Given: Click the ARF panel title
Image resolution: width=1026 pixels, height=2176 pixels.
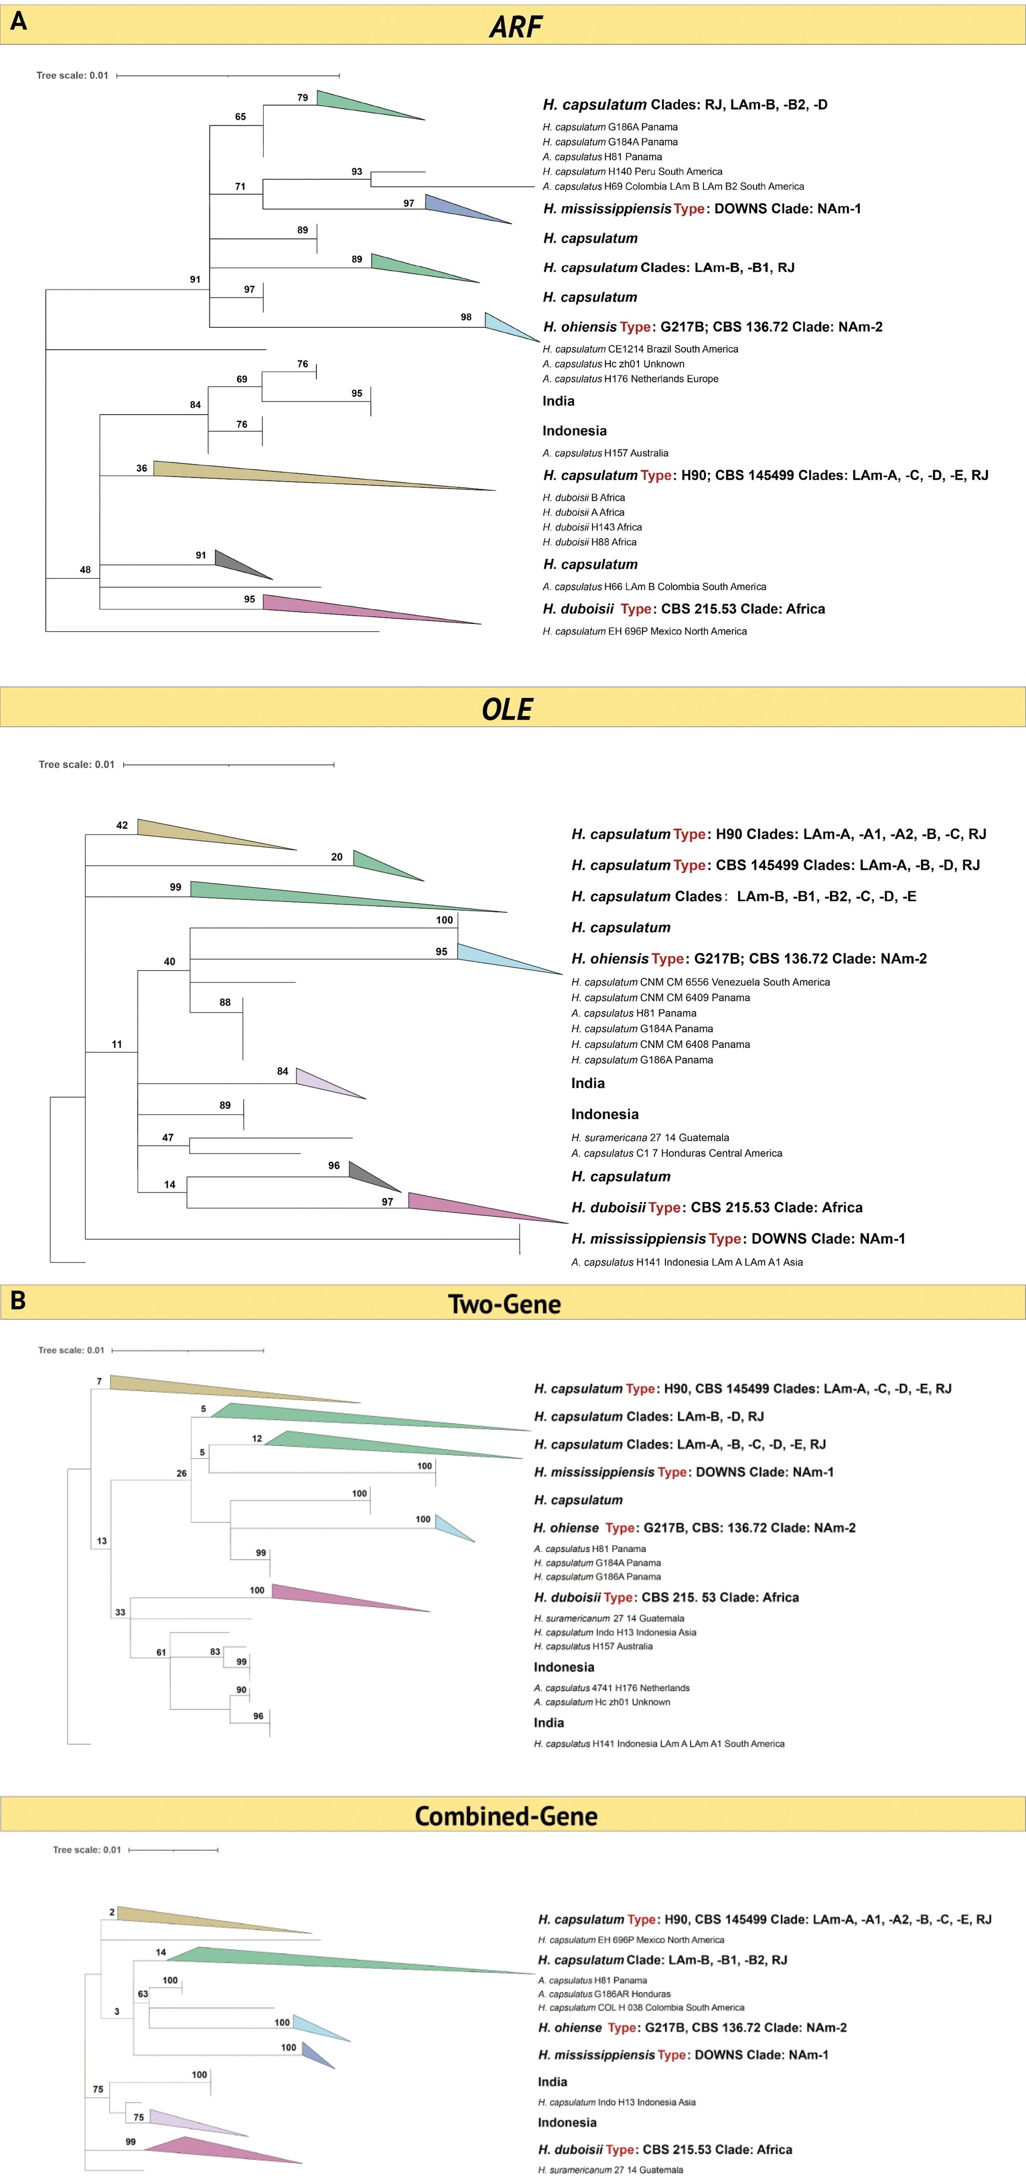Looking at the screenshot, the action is click(515, 27).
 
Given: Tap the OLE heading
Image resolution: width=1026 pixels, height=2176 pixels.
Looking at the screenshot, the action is click(507, 710).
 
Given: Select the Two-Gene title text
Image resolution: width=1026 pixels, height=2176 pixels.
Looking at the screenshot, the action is click(504, 1304).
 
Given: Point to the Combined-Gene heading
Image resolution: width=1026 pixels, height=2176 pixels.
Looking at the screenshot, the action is click(506, 1816).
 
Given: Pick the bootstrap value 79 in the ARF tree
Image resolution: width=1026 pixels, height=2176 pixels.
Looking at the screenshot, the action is click(302, 98).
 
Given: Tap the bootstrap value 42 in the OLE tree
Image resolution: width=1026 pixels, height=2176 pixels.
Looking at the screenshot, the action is click(122, 825).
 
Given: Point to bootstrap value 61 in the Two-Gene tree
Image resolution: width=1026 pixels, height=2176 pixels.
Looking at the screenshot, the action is click(161, 1652).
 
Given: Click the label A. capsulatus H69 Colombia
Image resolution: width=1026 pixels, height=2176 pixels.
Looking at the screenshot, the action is click(673, 187).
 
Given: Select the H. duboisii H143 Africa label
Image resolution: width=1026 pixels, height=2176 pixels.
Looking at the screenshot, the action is click(592, 527).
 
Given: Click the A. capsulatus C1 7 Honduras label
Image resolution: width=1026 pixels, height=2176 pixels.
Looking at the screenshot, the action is click(676, 1153).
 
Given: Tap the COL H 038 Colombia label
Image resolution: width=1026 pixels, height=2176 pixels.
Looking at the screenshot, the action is click(641, 2007).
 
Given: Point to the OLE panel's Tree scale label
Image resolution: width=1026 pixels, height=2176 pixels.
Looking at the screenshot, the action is click(76, 764).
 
